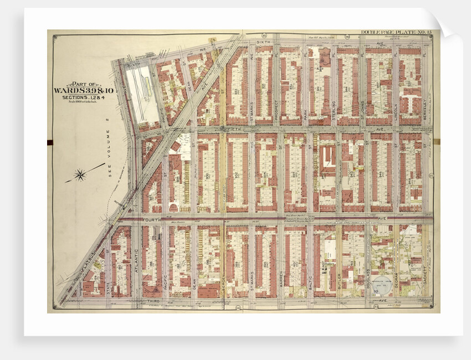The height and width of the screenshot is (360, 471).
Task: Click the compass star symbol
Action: [80, 176]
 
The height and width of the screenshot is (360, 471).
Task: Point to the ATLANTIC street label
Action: [136, 262]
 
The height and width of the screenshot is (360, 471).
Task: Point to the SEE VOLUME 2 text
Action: [107, 150]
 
